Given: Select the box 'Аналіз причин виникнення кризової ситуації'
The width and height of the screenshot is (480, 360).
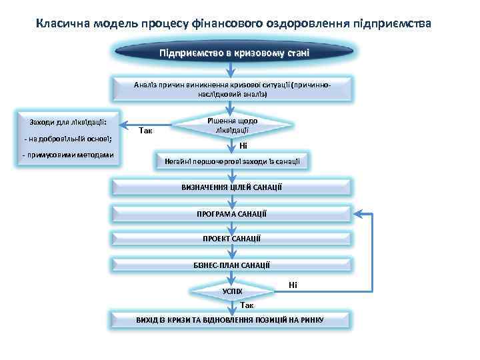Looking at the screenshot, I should (231, 89).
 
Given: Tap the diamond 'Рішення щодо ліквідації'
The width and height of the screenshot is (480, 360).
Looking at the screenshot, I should (232, 125).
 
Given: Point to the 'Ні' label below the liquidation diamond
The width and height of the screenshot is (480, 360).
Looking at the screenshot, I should (243, 145).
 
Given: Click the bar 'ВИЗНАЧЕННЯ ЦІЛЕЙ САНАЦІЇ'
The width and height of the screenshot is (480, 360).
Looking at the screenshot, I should (231, 187).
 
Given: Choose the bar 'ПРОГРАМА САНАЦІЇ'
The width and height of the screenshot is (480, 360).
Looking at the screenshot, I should (231, 213).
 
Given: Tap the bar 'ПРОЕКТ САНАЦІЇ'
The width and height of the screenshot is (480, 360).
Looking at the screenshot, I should (231, 239).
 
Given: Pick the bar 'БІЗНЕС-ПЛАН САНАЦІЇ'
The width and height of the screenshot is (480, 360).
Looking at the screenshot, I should (231, 265).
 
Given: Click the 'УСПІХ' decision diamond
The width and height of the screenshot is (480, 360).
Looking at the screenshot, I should (231, 291).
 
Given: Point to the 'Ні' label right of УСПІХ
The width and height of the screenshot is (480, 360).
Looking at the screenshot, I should (293, 285).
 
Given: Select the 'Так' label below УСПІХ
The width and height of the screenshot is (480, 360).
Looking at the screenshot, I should (247, 305).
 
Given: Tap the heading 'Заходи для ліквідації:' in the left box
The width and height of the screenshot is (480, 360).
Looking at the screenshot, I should (64, 122).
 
